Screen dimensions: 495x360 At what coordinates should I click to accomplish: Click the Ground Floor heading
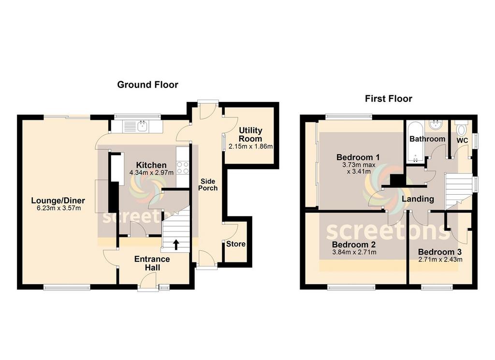tap(147, 85)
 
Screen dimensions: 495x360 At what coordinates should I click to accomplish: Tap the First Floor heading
tap(388, 99)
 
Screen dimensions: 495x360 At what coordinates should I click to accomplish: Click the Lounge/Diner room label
tap(58, 201)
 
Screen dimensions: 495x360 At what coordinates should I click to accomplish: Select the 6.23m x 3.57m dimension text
tap(58, 208)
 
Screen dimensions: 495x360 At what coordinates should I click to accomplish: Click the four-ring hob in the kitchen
tap(182, 168)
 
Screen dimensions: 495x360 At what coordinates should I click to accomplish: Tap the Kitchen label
tap(151, 165)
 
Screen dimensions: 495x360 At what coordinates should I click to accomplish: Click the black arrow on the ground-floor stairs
tap(176, 244)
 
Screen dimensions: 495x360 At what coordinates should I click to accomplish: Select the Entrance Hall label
tap(152, 263)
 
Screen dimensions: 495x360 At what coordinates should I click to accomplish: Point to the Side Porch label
tap(208, 185)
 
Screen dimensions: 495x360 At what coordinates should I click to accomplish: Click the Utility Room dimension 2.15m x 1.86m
tap(251, 146)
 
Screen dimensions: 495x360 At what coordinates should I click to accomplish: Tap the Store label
tap(236, 244)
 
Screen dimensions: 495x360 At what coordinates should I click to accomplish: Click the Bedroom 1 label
tap(358, 157)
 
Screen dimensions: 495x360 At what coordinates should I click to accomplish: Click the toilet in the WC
tap(462, 128)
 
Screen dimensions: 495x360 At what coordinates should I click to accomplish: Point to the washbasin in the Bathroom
tap(437, 125)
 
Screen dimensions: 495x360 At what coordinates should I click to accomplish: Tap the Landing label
tap(418, 199)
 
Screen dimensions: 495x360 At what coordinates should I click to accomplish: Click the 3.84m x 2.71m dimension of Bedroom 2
tap(354, 252)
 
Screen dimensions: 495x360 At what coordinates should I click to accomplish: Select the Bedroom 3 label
tap(440, 252)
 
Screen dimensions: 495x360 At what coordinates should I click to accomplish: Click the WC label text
tap(462, 141)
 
